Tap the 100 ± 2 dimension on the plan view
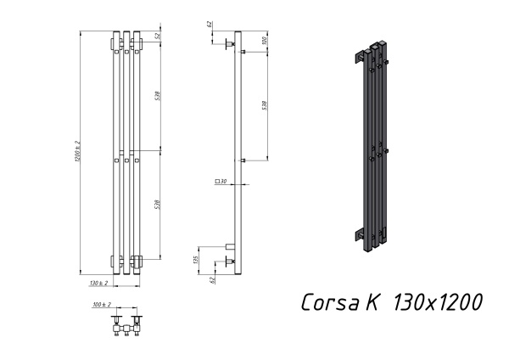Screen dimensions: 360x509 click(102, 304)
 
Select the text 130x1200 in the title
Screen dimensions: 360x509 click(439, 302)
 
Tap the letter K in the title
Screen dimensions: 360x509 click(375, 302)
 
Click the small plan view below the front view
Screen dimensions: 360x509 click(125, 325)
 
